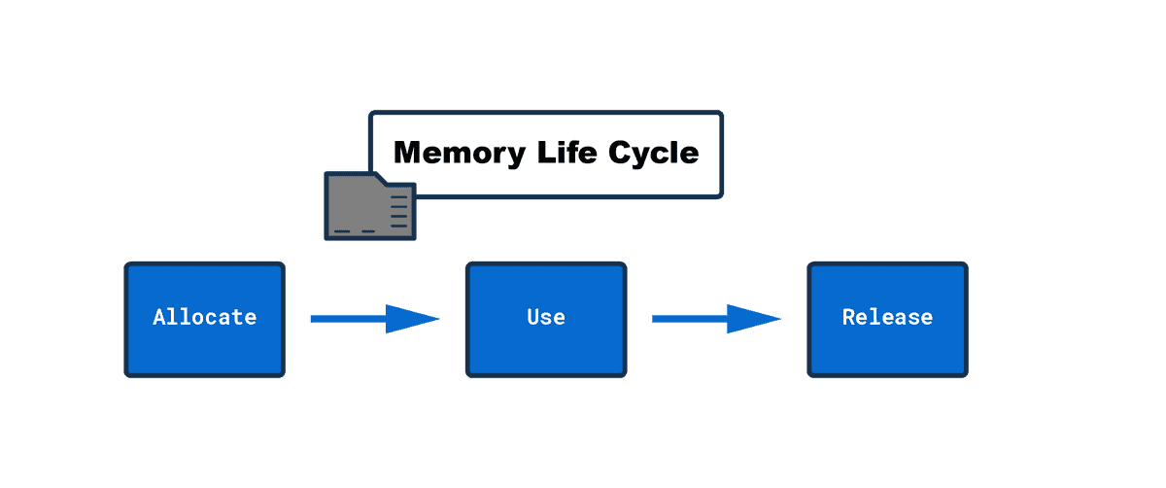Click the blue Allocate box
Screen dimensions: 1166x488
point(205,319)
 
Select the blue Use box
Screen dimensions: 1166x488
point(546,319)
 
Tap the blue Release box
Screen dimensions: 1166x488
point(887,319)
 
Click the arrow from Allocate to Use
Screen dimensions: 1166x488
point(375,319)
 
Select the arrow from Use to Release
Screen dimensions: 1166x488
point(716,319)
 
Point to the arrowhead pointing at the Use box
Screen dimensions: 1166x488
point(412,319)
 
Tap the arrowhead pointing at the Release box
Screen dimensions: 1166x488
point(754,319)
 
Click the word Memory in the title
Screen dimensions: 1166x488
point(460,154)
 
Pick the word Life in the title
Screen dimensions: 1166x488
point(566,152)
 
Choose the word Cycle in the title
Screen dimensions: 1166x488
point(653,154)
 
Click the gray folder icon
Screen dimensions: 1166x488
point(370,206)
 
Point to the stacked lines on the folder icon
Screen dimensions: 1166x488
point(398,212)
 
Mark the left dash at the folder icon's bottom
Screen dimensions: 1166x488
point(342,231)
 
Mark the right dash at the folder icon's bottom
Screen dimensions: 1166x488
point(368,231)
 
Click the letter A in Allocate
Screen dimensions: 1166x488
point(158,317)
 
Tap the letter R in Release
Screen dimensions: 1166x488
point(849,317)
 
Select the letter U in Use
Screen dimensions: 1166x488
point(533,317)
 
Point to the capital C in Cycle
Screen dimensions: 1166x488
point(620,152)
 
